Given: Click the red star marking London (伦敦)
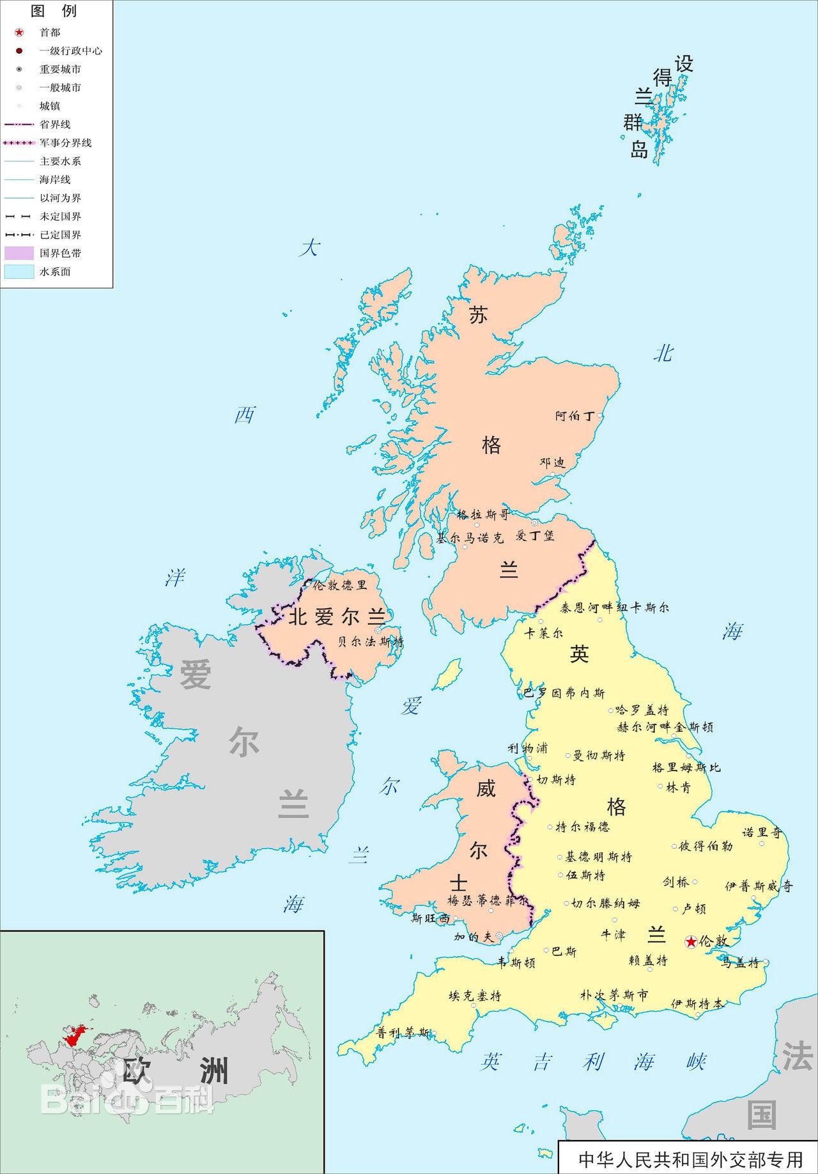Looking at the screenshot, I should coord(691,941).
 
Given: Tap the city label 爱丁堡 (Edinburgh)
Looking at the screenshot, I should coord(535,536).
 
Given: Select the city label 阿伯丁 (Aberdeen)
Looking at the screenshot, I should coord(575,416).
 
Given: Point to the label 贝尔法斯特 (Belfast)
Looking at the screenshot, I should coord(371,641).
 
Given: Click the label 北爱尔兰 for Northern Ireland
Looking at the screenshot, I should coord(337,617).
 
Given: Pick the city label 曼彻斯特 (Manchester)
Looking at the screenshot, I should coord(599,756).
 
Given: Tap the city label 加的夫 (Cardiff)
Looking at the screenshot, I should coord(474,937).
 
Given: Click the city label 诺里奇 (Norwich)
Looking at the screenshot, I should coord(762,833).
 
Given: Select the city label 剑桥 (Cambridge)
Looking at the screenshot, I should coord(676,882).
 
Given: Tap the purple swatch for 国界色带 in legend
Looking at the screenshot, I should coord(19,253).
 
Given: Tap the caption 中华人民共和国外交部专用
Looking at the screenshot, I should coord(690,1159).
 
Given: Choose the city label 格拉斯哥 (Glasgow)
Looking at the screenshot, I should coord(483,515).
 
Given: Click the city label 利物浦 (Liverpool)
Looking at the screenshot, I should coord(527,748).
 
